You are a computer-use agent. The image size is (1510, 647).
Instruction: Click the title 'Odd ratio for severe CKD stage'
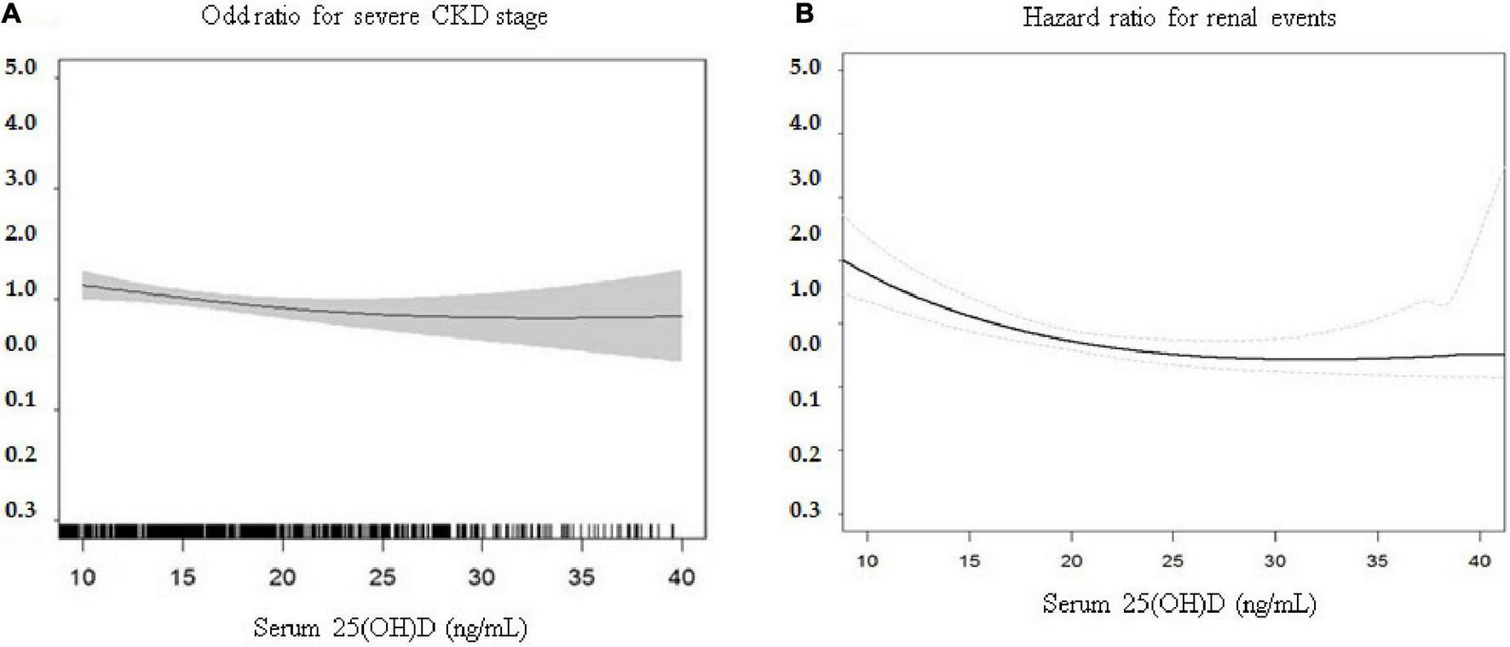(x=374, y=16)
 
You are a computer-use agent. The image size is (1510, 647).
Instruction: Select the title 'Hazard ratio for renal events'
(x=1179, y=17)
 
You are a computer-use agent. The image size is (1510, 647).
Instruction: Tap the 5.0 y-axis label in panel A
(x=21, y=67)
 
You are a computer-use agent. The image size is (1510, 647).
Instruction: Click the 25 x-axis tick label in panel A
(x=383, y=577)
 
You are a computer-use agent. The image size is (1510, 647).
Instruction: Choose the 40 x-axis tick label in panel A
(x=681, y=577)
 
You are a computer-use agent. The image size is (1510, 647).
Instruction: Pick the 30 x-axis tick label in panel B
(x=1275, y=561)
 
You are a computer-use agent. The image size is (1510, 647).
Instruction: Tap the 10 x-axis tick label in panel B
(x=867, y=561)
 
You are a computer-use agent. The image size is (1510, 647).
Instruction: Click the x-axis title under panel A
(x=390, y=629)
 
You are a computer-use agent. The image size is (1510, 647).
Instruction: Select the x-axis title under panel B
(x=1179, y=604)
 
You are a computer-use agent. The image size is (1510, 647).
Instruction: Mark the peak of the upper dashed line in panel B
(x=1504, y=169)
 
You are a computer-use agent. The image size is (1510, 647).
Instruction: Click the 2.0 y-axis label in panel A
(x=21, y=233)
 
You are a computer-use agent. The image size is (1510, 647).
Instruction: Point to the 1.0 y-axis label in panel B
(x=804, y=289)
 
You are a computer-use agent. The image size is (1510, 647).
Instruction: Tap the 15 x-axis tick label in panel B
(x=969, y=561)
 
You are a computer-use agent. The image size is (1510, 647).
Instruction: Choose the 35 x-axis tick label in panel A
(x=581, y=577)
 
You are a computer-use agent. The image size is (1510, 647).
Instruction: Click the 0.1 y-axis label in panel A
(x=21, y=399)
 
